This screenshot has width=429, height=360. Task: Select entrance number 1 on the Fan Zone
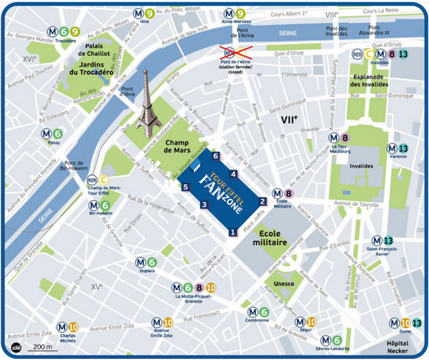[x=232, y=232]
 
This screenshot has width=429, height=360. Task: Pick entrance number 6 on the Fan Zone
[x=215, y=157]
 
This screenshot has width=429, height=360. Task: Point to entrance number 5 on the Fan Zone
[x=185, y=188]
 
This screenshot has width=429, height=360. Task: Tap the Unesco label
[x=284, y=284]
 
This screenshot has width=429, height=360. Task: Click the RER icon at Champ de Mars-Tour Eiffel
[x=92, y=180]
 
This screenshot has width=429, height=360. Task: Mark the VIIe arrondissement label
[x=288, y=120]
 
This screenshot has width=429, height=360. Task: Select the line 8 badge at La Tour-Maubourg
[x=345, y=137]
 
